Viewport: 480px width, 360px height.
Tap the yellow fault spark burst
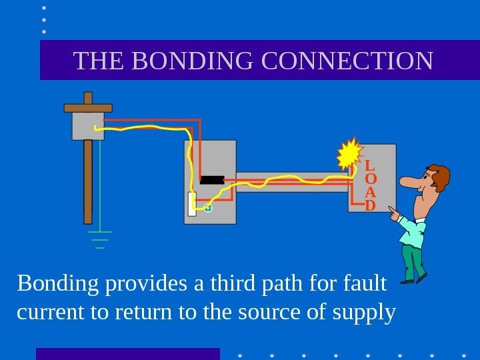coord(349,155)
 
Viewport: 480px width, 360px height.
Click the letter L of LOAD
coord(370,165)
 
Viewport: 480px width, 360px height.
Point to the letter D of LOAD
coord(370,205)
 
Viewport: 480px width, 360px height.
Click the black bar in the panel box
coord(212,179)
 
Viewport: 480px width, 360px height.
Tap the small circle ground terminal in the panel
coord(208,209)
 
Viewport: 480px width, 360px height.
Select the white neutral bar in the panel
coord(192,204)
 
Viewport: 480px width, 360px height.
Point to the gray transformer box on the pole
coord(87,126)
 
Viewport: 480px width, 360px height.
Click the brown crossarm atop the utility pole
coord(88,107)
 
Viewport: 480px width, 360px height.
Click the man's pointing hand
coord(394,213)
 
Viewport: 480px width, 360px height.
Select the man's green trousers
coord(413,261)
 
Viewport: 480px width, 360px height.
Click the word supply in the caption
coord(364,311)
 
